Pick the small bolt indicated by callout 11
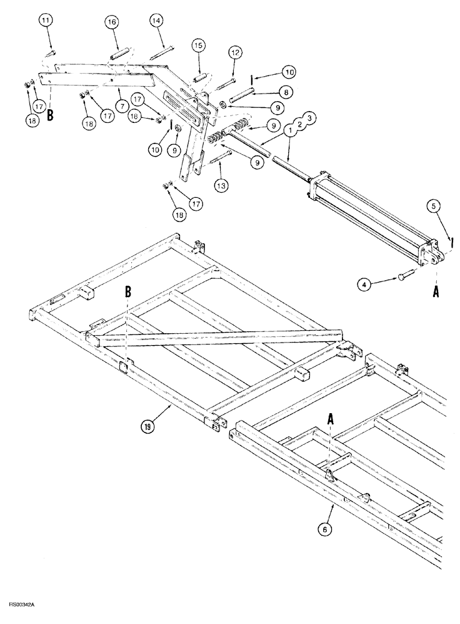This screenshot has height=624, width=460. [x=53, y=51]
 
